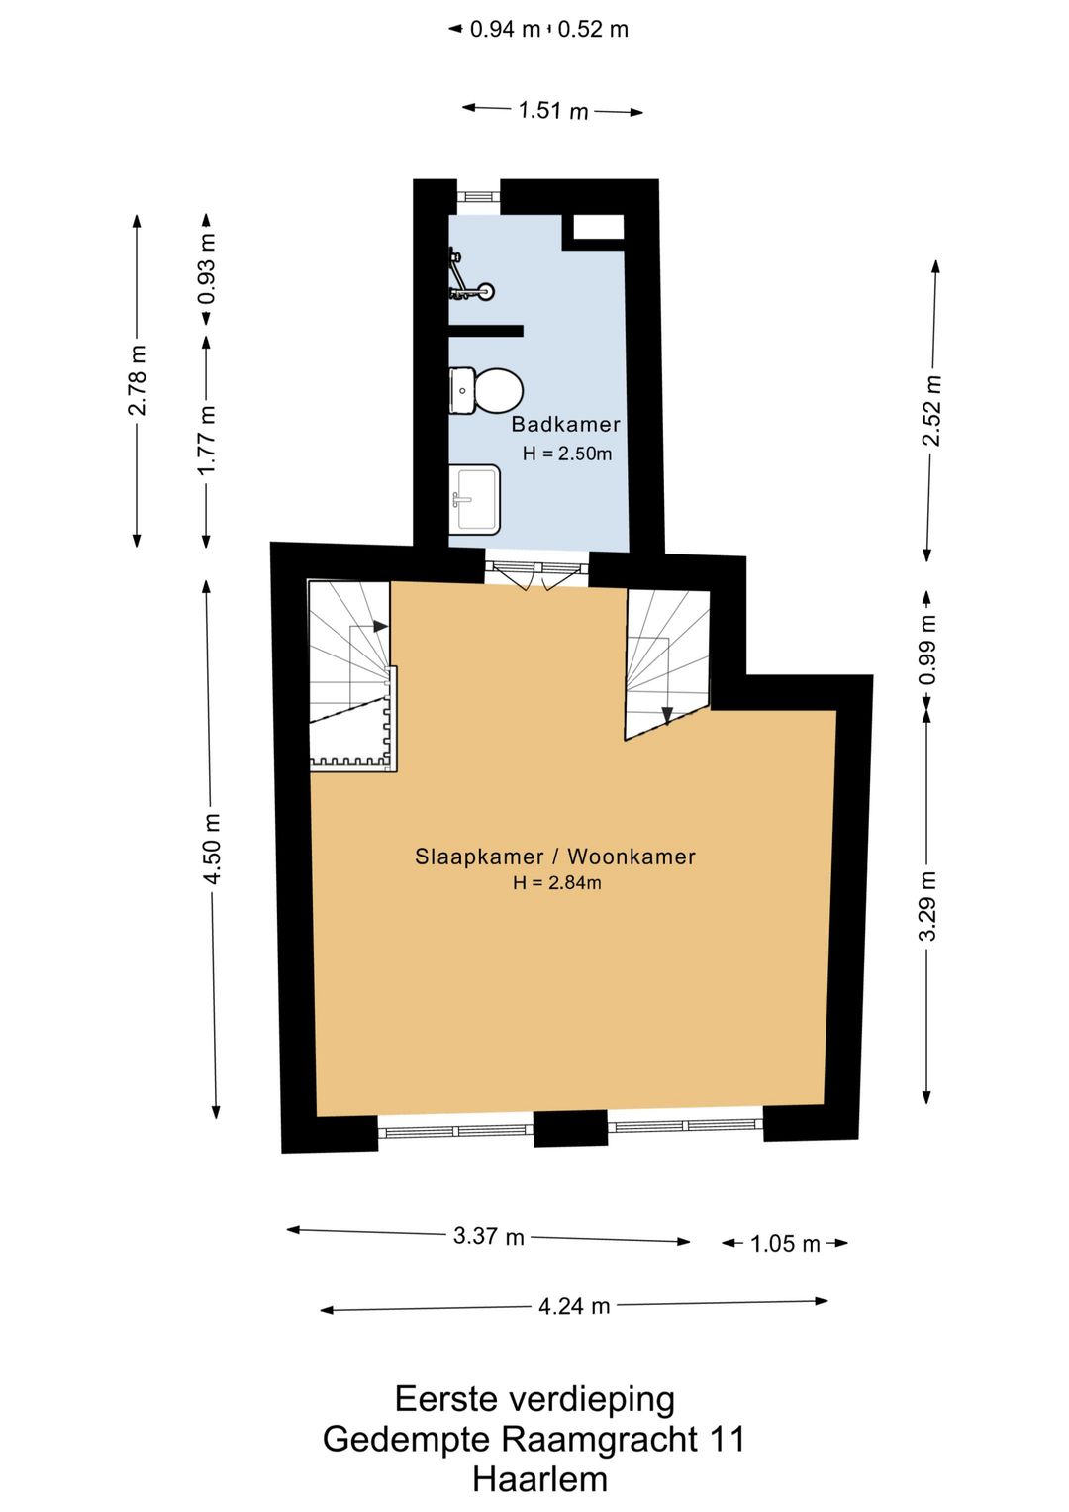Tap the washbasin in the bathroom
tap(475, 499)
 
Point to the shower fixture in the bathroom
tap(470, 275)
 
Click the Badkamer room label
tap(565, 425)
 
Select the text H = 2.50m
tap(567, 454)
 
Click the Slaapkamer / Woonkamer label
tap(554, 857)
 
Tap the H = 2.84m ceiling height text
tap(556, 883)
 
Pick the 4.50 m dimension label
tap(212, 850)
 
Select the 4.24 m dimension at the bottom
tap(574, 1306)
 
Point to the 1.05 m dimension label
tap(785, 1244)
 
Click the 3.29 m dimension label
tap(928, 905)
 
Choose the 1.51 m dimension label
tap(553, 111)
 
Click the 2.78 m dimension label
tap(137, 379)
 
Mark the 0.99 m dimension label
tap(928, 649)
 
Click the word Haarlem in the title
tap(539, 1479)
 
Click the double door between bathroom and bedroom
tap(536, 574)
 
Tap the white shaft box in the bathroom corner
tap(598, 226)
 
